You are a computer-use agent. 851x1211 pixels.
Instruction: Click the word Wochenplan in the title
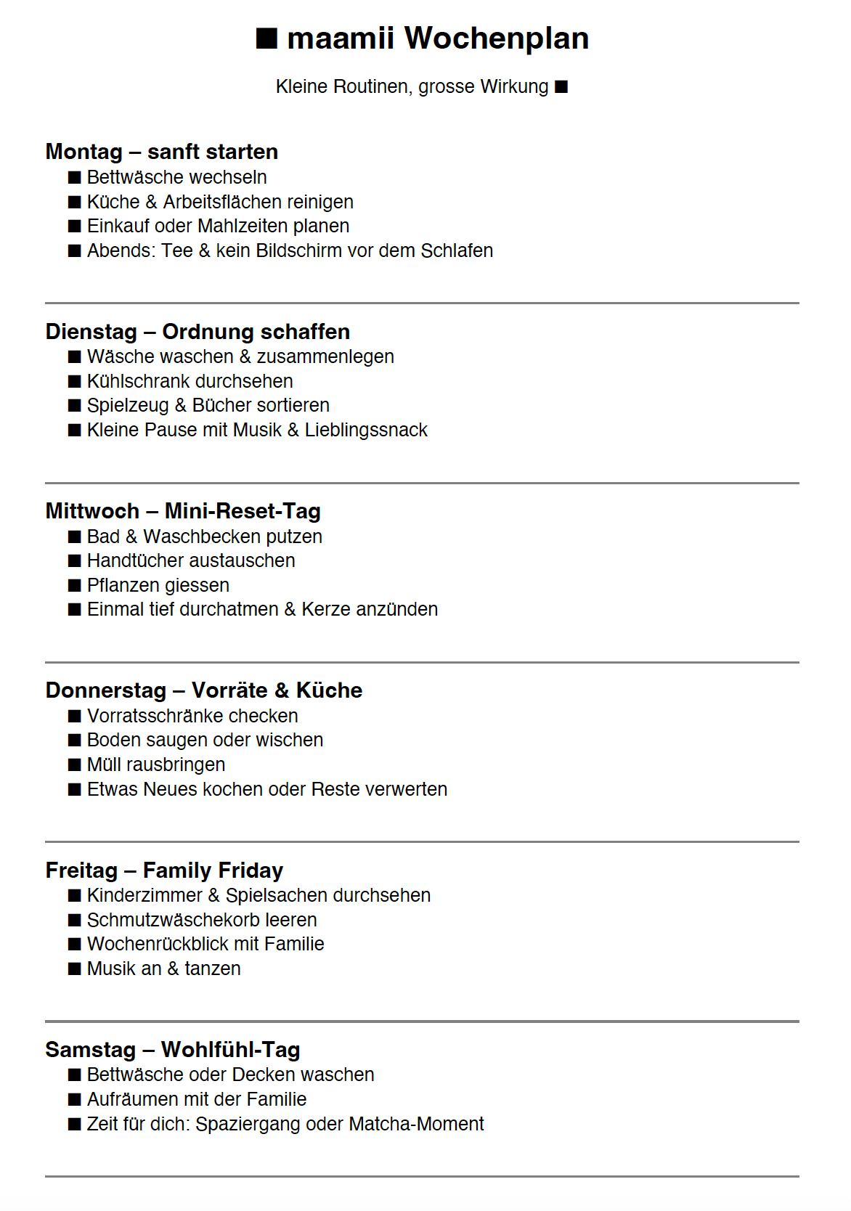pos(496,38)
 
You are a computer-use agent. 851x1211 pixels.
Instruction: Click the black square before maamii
pos(266,38)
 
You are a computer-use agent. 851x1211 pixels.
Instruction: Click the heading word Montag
pos(84,152)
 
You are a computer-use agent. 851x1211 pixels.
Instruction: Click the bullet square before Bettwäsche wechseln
pos(75,178)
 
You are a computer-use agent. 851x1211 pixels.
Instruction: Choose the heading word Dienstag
pos(91,332)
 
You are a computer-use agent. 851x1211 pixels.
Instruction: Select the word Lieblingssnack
pos(366,430)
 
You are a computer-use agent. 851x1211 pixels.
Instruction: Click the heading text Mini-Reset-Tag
pos(243,511)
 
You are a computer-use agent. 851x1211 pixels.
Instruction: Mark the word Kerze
pos(326,609)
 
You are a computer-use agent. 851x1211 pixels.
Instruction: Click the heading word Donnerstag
pos(106,690)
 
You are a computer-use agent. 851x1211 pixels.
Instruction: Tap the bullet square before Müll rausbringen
pos(75,765)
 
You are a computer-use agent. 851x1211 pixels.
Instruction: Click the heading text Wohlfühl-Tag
pos(230,1050)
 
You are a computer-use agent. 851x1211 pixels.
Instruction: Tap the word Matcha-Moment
pos(416,1124)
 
